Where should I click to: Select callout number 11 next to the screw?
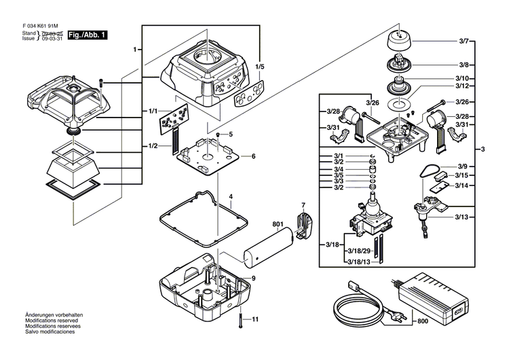click(255, 319)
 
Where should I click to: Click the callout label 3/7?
click(464, 42)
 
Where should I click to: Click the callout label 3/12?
click(464, 87)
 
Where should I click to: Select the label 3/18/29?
click(358, 251)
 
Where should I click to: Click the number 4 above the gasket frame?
click(231, 198)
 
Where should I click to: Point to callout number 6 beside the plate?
click(252, 156)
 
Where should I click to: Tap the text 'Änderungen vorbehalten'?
click(45, 315)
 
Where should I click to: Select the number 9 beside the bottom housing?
click(252, 278)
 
